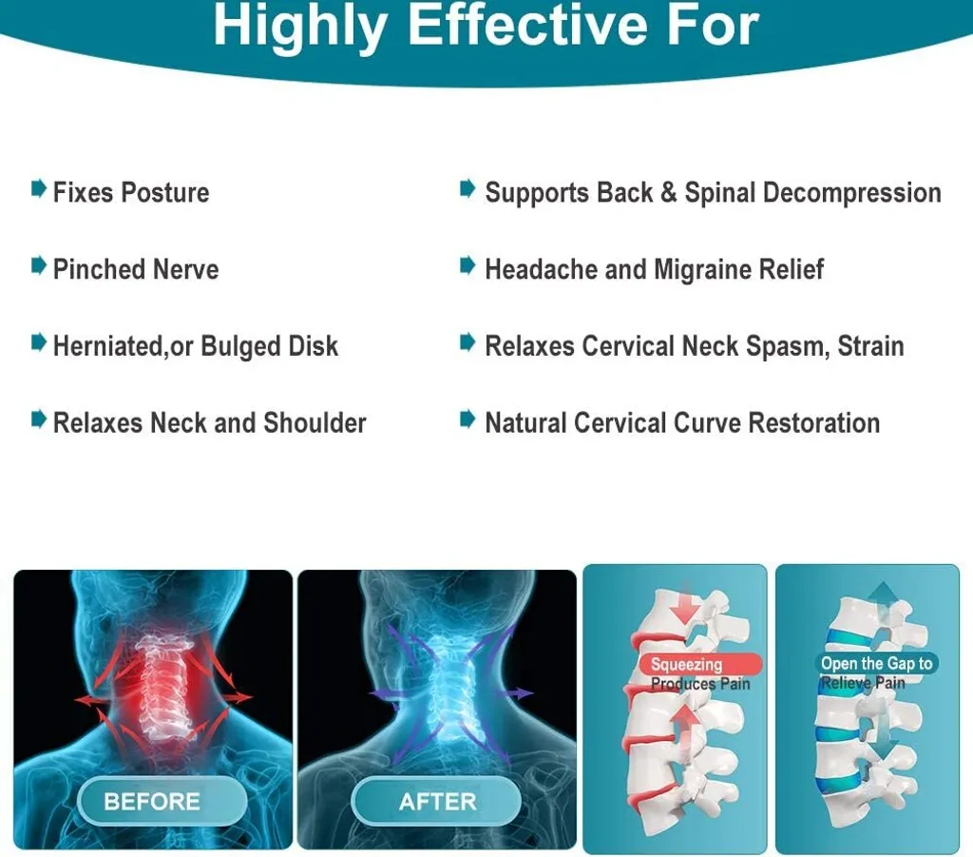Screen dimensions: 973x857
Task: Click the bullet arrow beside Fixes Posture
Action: coord(38,188)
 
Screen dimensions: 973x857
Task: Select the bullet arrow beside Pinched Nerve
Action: coord(38,265)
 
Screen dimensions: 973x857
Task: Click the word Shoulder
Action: coord(315,422)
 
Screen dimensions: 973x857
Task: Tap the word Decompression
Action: coord(852,193)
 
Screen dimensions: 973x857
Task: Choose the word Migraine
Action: coord(706,270)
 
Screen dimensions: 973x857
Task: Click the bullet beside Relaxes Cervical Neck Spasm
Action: coord(467,342)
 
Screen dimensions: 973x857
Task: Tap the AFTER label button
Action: coord(436,801)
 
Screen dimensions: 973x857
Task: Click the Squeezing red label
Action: coord(700,665)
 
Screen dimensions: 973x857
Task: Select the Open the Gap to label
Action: coord(875,663)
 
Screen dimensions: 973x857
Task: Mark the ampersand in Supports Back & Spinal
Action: coord(668,192)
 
